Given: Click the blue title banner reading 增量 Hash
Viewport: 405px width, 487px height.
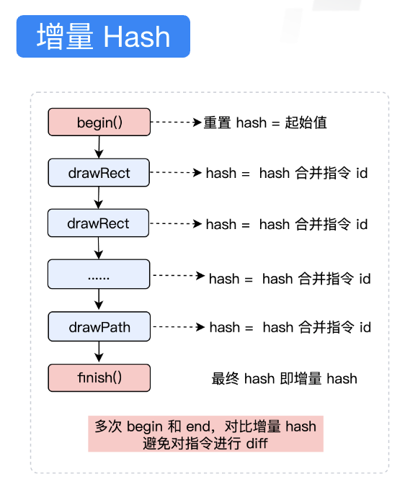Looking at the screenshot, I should pyautogui.click(x=102, y=36).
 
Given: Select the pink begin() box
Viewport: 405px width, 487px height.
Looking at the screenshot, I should pyautogui.click(x=99, y=122).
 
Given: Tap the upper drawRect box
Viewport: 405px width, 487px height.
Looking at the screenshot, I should pyautogui.click(x=99, y=173).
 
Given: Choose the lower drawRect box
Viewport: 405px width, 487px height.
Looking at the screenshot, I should pyautogui.click(x=99, y=223).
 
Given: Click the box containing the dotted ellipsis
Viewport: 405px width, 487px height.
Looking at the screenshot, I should pyautogui.click(x=99, y=275).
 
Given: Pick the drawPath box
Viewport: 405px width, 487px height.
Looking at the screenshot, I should pyautogui.click(x=99, y=327).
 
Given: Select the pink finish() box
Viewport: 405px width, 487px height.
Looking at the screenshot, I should pyautogui.click(x=99, y=377).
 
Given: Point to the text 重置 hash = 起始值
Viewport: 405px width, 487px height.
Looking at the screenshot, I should pyautogui.click(x=265, y=122).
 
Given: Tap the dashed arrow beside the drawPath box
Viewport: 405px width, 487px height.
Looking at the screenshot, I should pyautogui.click(x=179, y=327).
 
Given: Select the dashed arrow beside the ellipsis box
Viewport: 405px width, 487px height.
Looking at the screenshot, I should pyautogui.click(x=179, y=275).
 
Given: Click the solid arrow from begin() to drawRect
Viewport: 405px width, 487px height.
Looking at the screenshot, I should pyautogui.click(x=99, y=147).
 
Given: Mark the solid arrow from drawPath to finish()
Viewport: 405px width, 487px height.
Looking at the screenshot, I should pyautogui.click(x=99, y=352).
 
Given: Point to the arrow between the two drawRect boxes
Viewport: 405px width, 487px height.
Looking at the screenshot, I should pyautogui.click(x=99, y=198).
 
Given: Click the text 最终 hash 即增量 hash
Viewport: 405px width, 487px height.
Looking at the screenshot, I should pyautogui.click(x=284, y=378).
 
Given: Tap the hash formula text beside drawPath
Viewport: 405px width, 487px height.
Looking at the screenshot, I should pyautogui.click(x=290, y=328).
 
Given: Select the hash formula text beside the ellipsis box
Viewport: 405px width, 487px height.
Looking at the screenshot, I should pyautogui.click(x=290, y=278).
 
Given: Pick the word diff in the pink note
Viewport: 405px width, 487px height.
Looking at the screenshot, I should pyautogui.click(x=256, y=442).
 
